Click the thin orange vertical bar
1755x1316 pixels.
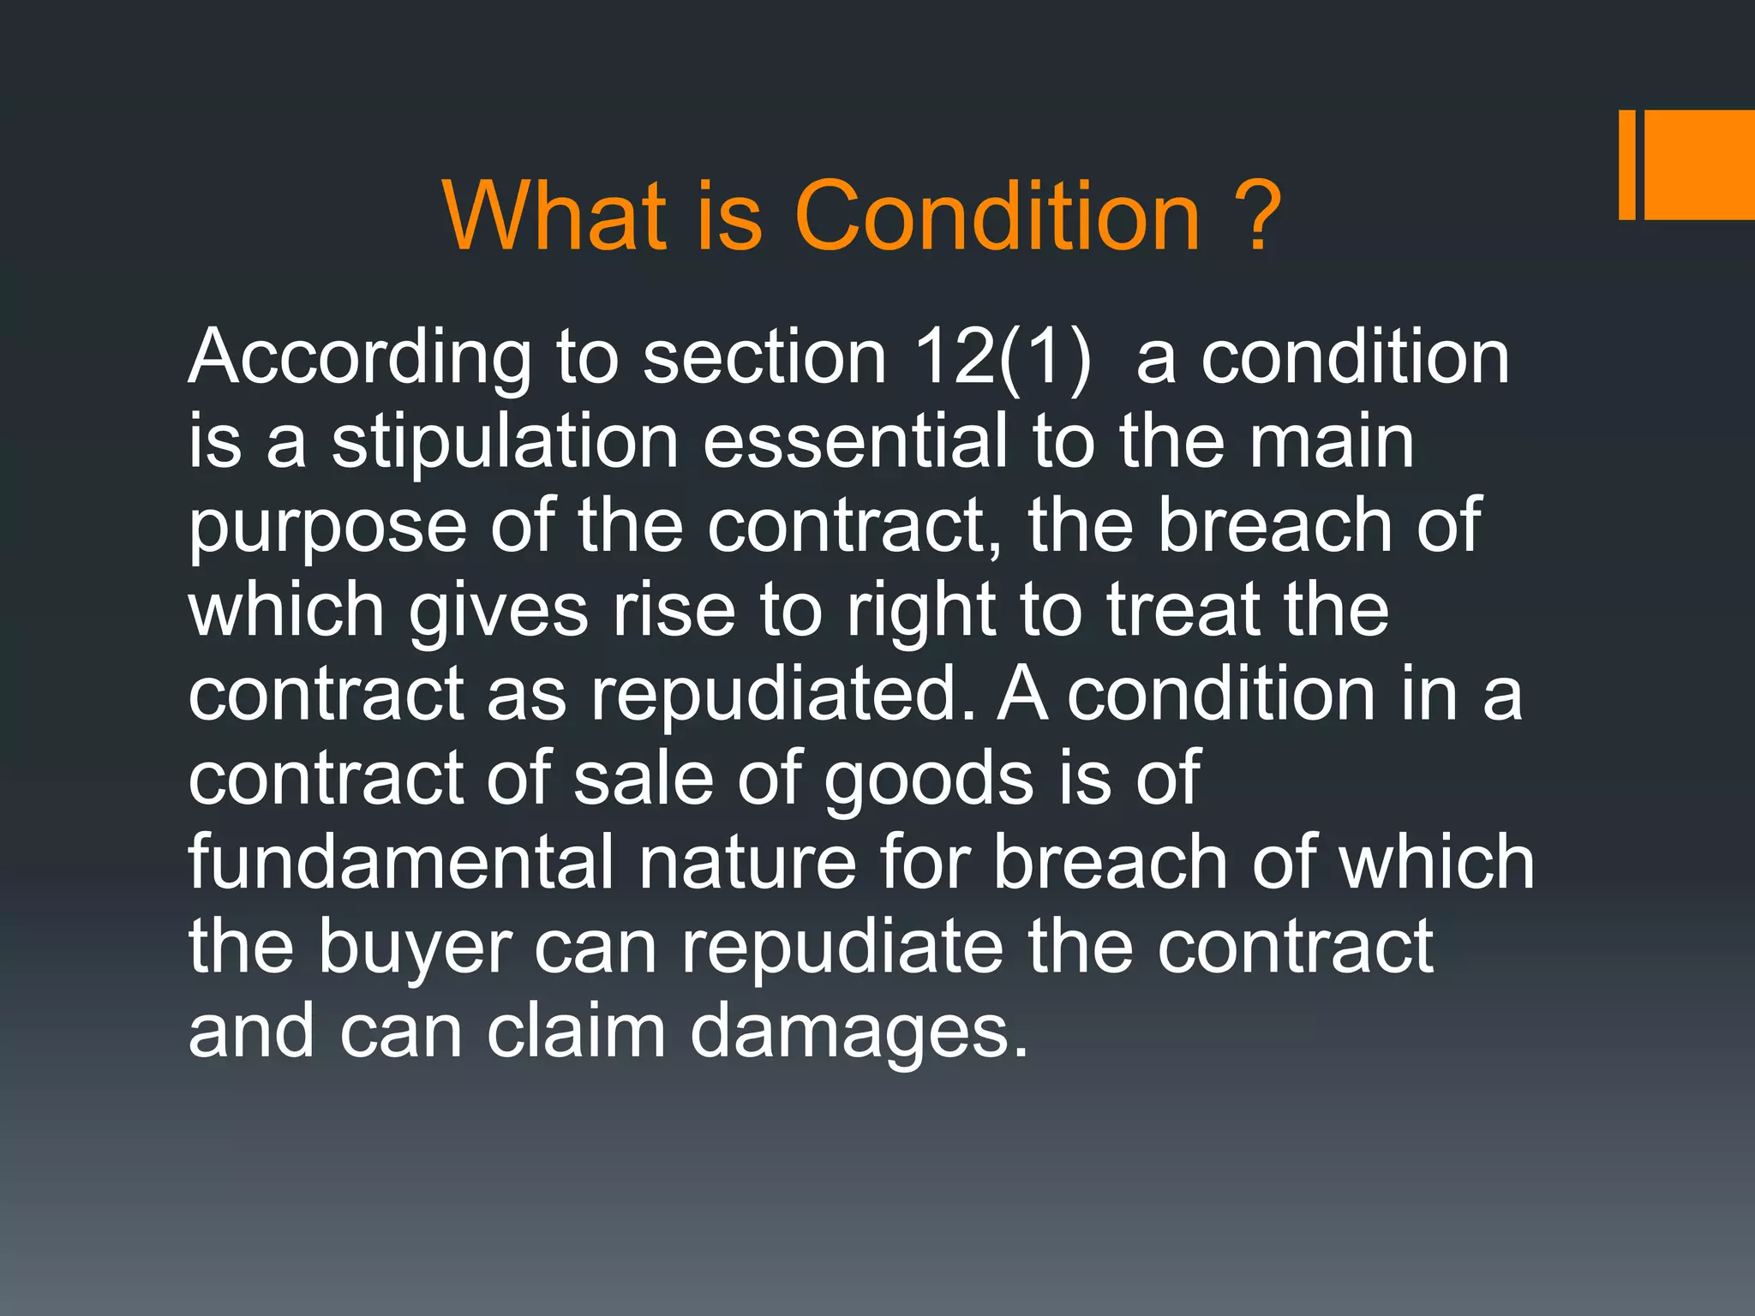[x=1626, y=164]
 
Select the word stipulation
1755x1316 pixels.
[x=506, y=442]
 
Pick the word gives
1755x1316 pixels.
[x=499, y=612]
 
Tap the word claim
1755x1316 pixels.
[x=576, y=1032]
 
